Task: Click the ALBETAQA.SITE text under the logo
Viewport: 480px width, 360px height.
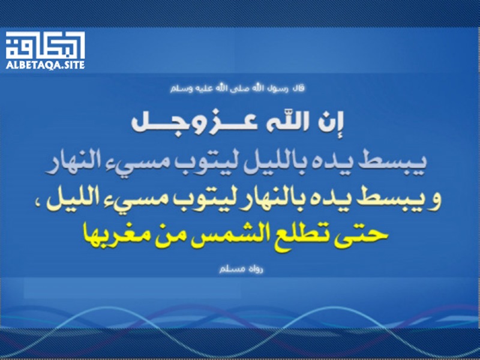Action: pos(46,65)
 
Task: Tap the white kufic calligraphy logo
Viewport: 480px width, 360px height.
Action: pos(46,45)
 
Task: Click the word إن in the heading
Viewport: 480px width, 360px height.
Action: pos(332,122)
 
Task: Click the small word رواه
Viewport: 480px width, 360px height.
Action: pos(256,269)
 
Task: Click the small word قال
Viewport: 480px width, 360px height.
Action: pos(299,89)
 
